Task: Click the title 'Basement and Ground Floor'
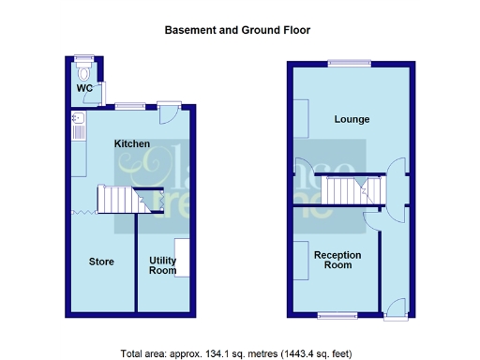coord(237,30)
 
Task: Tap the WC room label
coord(84,88)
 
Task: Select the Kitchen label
coord(132,143)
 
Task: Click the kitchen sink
coord(78,122)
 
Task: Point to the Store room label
coord(101,262)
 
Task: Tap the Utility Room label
coord(163,265)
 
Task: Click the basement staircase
coord(120,199)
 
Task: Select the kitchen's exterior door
coord(170,112)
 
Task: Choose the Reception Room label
coord(337,260)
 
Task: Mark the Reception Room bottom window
coord(335,314)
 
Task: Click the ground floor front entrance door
coord(397,306)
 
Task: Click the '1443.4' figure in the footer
coord(302,353)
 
